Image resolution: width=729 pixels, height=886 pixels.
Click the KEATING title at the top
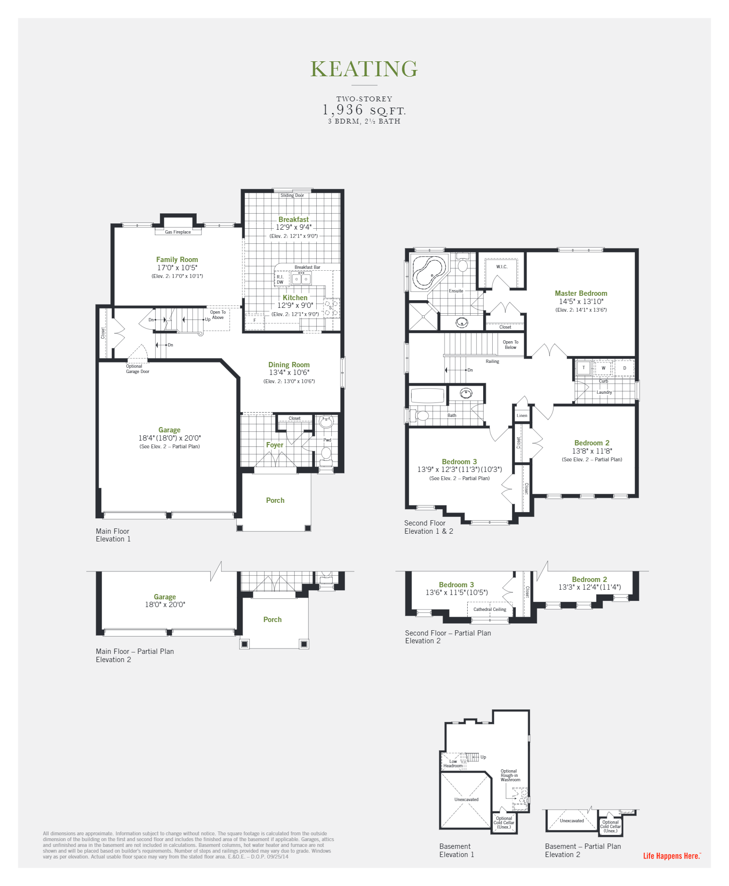click(364, 69)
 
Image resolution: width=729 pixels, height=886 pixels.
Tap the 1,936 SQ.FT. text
click(364, 110)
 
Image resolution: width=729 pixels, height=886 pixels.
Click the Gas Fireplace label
click(178, 232)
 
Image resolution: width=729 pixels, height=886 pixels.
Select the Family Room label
click(177, 260)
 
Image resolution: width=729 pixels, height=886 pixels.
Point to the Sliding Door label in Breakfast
click(292, 195)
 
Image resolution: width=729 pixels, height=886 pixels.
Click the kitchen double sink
click(301, 279)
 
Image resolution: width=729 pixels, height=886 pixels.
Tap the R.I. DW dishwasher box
click(281, 279)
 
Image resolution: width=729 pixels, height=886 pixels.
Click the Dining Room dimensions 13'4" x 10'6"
click(289, 373)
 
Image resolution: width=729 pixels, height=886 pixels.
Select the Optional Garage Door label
click(137, 369)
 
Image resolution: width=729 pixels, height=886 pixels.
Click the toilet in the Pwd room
click(326, 453)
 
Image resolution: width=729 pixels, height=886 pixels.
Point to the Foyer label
click(275, 445)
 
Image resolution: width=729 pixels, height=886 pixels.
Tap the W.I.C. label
click(501, 267)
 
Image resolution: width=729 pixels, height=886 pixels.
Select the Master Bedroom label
click(581, 293)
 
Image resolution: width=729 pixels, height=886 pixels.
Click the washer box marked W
click(603, 368)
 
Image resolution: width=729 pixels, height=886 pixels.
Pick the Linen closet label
click(522, 415)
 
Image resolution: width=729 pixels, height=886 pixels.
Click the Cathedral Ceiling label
click(490, 609)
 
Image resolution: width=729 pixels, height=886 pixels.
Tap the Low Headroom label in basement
click(453, 764)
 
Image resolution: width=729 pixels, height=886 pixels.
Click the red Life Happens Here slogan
click(672, 856)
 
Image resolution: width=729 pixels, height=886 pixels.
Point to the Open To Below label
click(511, 345)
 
